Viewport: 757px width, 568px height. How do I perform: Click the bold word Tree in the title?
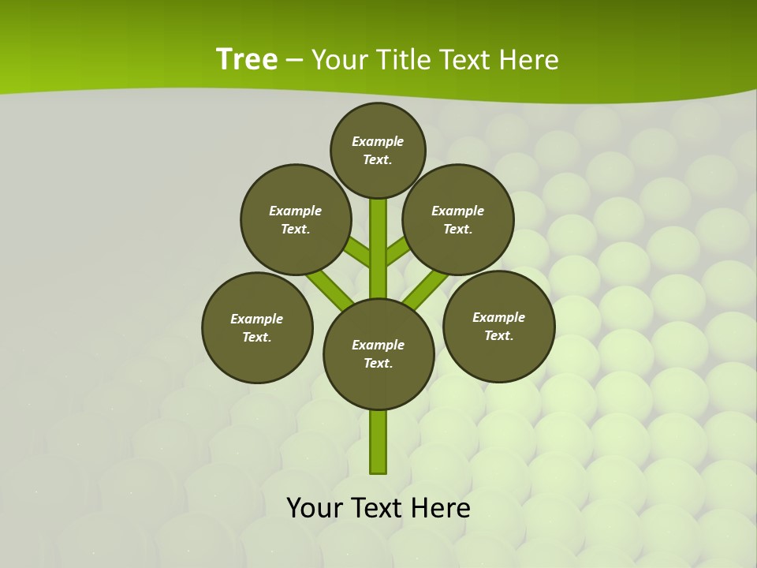coord(247,60)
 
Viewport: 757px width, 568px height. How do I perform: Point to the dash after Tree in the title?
coord(294,61)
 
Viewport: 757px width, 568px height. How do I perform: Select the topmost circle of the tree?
coord(378,150)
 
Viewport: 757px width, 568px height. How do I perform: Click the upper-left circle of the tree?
coord(296,219)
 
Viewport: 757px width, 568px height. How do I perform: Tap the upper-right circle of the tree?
coord(458,219)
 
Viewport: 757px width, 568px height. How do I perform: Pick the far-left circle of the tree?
coord(257,327)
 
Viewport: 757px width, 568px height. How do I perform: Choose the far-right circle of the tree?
coord(498,326)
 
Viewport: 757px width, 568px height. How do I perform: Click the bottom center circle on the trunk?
coord(378,354)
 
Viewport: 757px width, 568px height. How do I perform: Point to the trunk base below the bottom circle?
coord(378,442)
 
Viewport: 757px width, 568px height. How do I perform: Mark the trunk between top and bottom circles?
coord(378,248)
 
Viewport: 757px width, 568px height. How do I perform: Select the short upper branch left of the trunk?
coord(360,252)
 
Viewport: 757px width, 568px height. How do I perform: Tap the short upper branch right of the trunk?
coord(397,250)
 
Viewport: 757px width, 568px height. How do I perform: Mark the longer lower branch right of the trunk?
coord(427,290)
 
